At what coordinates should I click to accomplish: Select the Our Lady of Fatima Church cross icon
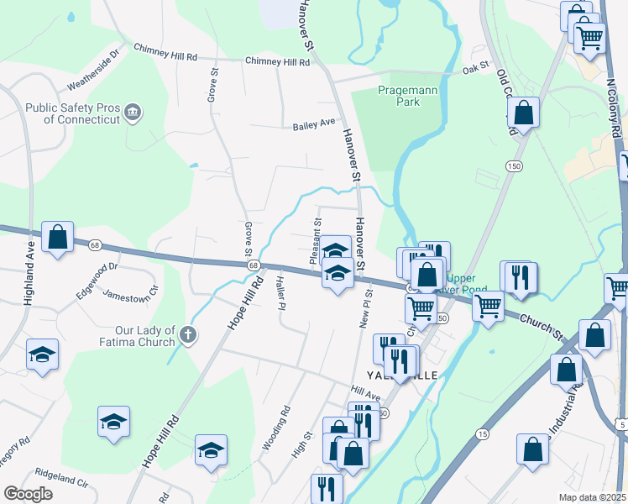pos(189,335)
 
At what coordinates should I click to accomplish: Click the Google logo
pos(28,493)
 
